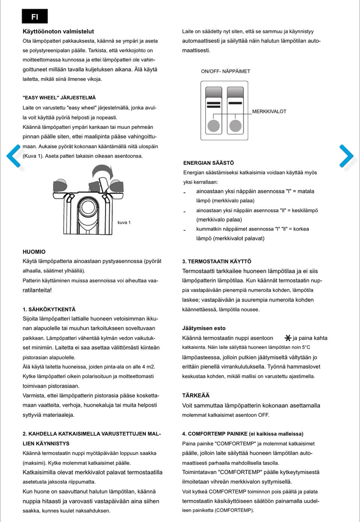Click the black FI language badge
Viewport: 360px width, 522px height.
pyautogui.click(x=34, y=17)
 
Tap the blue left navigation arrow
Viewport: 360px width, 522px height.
pyautogui.click(x=14, y=156)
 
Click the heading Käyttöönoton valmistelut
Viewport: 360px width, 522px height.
pyautogui.click(x=58, y=32)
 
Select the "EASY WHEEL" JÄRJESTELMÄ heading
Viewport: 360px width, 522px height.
pyautogui.click(x=59, y=98)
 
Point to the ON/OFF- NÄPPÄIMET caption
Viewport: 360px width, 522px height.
pyautogui.click(x=225, y=71)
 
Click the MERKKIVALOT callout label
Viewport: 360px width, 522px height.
pyautogui.click(x=269, y=111)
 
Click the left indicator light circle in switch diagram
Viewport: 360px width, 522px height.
pyautogui.click(x=214, y=126)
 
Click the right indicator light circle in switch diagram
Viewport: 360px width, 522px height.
pyautogui.click(x=235, y=126)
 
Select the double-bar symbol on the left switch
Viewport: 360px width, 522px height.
pyautogui.click(x=214, y=104)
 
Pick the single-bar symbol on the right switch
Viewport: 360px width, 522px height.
pyautogui.click(x=235, y=102)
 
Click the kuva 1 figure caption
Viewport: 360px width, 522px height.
pyautogui.click(x=124, y=223)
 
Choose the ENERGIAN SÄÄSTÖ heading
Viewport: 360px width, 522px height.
pyautogui.click(x=208, y=163)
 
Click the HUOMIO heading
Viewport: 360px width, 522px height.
pyautogui.click(x=34, y=252)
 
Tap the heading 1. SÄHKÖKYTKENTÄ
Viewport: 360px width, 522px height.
pyautogui.click(x=49, y=310)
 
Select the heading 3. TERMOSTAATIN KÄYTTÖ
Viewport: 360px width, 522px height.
pyautogui.click(x=217, y=262)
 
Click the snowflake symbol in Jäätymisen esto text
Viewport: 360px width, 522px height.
pyautogui.click(x=288, y=338)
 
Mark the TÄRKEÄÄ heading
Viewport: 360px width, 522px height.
pyautogui.click(x=196, y=396)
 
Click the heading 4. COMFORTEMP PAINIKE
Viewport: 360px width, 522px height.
pyautogui.click(x=243, y=434)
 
